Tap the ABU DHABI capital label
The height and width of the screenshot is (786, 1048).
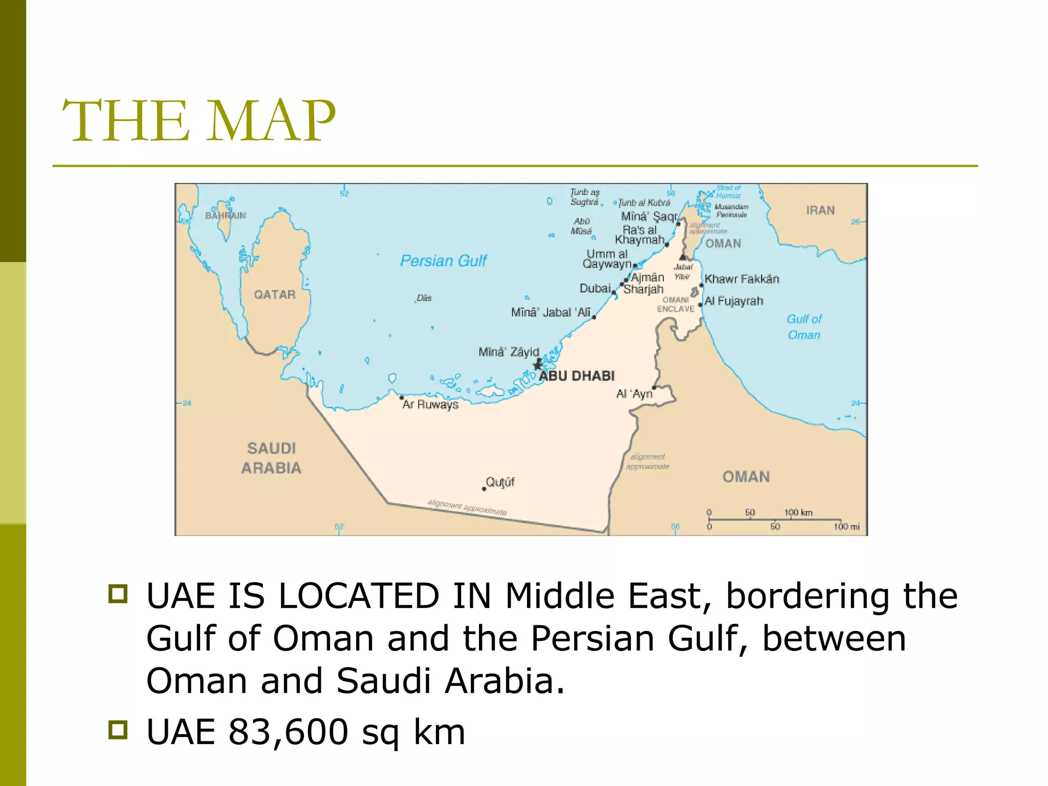coord(577,376)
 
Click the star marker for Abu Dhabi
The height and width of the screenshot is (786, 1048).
coord(537,365)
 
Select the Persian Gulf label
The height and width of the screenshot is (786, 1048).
coord(443,261)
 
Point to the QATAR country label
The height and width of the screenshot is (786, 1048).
coord(275,295)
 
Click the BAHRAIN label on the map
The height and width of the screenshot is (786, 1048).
coord(225,215)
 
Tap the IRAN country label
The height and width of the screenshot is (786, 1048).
coord(820,210)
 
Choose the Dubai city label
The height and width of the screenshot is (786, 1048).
coord(595,289)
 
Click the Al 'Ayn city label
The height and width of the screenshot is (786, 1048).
coord(634,394)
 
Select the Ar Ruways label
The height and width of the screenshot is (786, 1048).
coord(430,405)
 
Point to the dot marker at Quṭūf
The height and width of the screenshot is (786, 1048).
coord(484,489)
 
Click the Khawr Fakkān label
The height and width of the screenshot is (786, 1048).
coord(741,279)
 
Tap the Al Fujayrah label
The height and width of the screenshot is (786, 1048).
coord(734,301)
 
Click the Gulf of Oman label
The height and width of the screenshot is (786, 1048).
coord(804,327)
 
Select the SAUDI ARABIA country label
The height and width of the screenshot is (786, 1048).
coord(271,458)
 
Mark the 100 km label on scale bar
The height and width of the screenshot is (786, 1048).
coord(798,512)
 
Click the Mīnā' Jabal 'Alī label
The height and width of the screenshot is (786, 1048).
coord(551,312)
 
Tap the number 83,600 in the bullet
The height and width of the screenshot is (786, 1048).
coord(289,732)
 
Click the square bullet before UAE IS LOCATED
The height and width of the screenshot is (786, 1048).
coord(118,594)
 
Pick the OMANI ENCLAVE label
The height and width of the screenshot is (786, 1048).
coord(675,304)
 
